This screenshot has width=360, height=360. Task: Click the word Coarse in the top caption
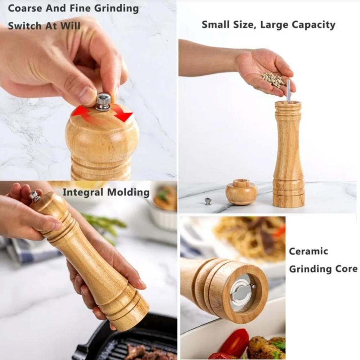point(25,9)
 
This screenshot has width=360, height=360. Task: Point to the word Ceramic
point(309,251)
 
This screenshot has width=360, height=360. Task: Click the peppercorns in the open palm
point(273,80)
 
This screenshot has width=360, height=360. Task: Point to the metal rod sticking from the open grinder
point(288,90)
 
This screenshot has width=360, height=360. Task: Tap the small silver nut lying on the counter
point(208,201)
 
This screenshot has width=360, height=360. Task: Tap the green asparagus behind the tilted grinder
point(103,224)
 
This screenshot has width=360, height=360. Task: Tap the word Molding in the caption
point(129,192)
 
